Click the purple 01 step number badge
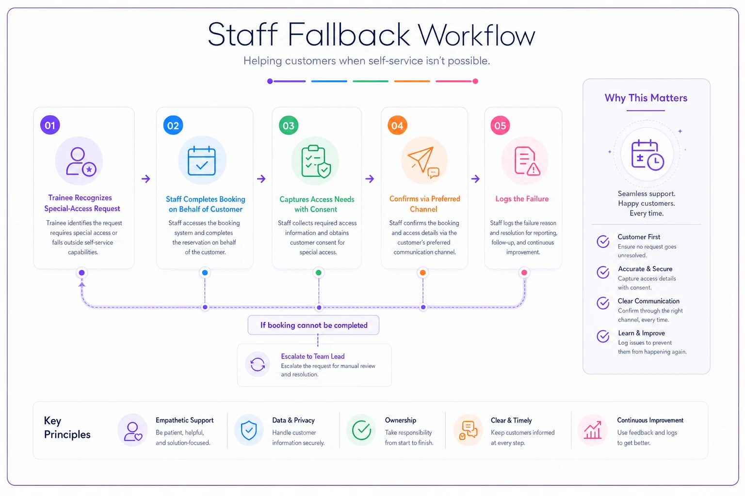pyautogui.click(x=50, y=125)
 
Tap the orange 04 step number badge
pyautogui.click(x=397, y=125)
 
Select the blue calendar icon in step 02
pyautogui.click(x=202, y=160)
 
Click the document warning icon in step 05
pyautogui.click(x=527, y=161)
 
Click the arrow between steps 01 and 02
pyautogui.click(x=146, y=179)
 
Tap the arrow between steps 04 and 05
pyautogui.click(x=476, y=179)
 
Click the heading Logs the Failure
pyautogui.click(x=522, y=199)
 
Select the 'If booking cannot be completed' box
pyautogui.click(x=313, y=325)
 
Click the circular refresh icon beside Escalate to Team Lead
pyautogui.click(x=258, y=364)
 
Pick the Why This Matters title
pyautogui.click(x=646, y=98)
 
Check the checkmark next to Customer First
pyautogui.click(x=603, y=242)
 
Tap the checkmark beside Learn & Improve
pyautogui.click(x=603, y=336)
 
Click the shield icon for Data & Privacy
pyautogui.click(x=249, y=430)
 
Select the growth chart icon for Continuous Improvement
pyautogui.click(x=593, y=430)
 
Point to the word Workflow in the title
pyautogui.click(x=476, y=35)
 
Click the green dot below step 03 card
pyautogui.click(x=319, y=273)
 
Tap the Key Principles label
pyautogui.click(x=67, y=428)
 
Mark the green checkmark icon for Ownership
pyautogui.click(x=361, y=430)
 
